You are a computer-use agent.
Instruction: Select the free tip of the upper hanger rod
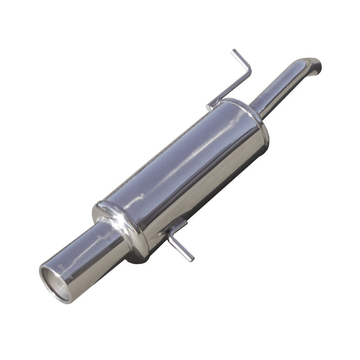[234, 51]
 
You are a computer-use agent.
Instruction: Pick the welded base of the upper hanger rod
[211, 107]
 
